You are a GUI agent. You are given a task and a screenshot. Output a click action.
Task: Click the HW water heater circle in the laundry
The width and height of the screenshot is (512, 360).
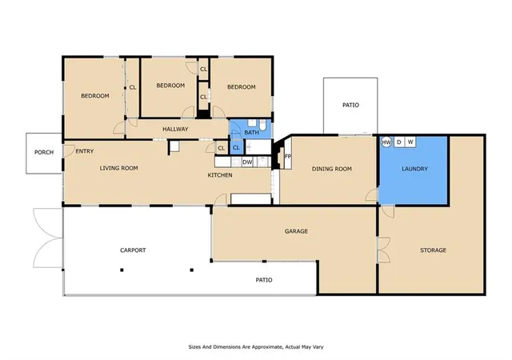coord(386,142)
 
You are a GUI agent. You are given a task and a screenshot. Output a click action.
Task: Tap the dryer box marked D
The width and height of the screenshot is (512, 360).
coord(398,142)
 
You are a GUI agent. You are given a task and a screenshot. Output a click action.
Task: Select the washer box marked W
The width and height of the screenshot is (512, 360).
coord(410,142)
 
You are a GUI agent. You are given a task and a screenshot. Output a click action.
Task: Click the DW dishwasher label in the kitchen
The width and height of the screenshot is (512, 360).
coord(247,162)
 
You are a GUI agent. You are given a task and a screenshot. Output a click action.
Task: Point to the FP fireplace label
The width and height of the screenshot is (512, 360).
coord(288,157)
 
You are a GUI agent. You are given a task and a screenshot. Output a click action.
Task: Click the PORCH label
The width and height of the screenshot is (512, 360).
coord(44,152)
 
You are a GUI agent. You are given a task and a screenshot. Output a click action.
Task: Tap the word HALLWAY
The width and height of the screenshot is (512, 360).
coord(175,129)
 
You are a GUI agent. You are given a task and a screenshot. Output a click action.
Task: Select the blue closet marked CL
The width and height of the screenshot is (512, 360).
coord(237,147)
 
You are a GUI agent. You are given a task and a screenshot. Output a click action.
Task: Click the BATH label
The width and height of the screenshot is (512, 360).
coord(251,132)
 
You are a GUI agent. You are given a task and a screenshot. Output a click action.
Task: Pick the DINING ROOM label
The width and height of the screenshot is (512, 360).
coord(332,169)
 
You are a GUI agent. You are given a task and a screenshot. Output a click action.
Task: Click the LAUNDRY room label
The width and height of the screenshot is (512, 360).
coord(414,169)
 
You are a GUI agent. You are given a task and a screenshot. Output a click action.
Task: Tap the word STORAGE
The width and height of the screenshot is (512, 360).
coord(433,250)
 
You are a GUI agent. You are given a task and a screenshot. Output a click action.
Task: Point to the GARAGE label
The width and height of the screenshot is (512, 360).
coord(296,231)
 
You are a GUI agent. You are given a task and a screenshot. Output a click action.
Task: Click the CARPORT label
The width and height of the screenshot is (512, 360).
coord(133,250)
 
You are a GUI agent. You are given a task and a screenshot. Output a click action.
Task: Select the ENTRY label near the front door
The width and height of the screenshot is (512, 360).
coord(85,151)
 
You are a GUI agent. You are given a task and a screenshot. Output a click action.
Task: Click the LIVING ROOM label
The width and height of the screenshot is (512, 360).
coord(119,168)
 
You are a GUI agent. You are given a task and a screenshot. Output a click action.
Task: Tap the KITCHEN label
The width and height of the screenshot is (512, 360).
coord(220,175)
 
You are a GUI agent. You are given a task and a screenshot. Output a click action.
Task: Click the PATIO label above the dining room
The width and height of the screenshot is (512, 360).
coord(350,105)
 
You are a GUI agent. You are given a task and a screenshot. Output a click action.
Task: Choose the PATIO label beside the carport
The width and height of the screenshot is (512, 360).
coord(264,280)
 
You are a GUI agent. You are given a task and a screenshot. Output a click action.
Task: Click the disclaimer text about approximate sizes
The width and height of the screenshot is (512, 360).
coord(256,347)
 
